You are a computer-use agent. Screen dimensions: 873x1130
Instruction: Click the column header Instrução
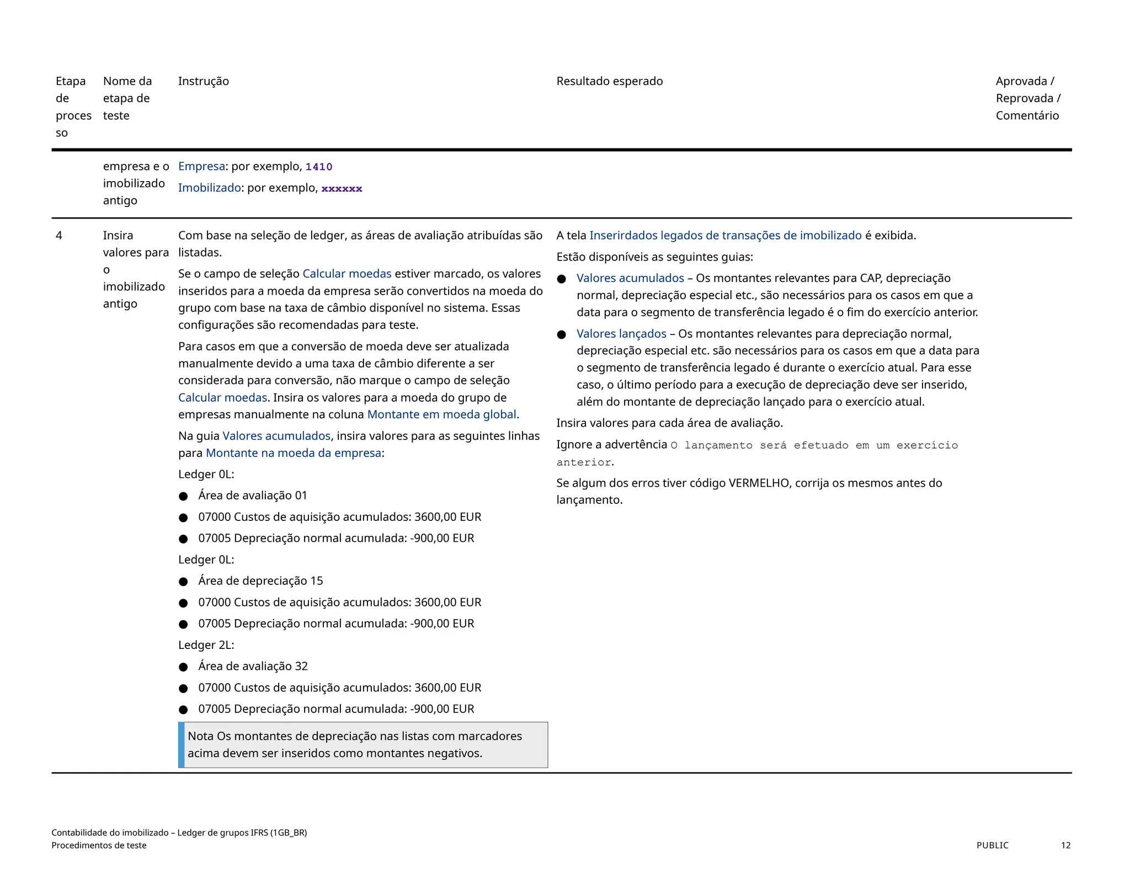[203, 81]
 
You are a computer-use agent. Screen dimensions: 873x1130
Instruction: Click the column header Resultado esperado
[609, 81]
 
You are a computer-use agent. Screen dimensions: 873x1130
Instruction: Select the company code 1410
[319, 167]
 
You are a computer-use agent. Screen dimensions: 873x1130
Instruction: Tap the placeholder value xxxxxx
[342, 189]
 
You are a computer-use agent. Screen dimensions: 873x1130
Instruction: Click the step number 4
[59, 236]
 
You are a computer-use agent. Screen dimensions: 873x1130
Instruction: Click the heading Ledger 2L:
[206, 645]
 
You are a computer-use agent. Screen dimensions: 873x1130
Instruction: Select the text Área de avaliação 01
[253, 496]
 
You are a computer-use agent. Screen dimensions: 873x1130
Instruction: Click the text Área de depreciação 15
[260, 581]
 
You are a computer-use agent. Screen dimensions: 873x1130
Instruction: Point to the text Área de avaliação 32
[253, 667]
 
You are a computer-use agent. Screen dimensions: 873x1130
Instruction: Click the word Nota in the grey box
[200, 736]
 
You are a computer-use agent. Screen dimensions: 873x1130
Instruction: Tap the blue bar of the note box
[181, 745]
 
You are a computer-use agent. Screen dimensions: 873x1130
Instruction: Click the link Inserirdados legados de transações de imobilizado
[725, 236]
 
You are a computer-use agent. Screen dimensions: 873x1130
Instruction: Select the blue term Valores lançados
[621, 334]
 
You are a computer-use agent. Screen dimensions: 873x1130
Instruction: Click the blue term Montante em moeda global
[441, 414]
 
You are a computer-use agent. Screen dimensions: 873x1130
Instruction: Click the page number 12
[1065, 845]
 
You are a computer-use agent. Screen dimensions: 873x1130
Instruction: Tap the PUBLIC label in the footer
[992, 845]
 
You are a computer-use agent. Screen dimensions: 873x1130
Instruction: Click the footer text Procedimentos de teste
[99, 845]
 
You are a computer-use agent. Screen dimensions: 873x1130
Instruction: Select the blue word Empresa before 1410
[201, 167]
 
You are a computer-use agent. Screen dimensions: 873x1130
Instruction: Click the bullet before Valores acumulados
[562, 279]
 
